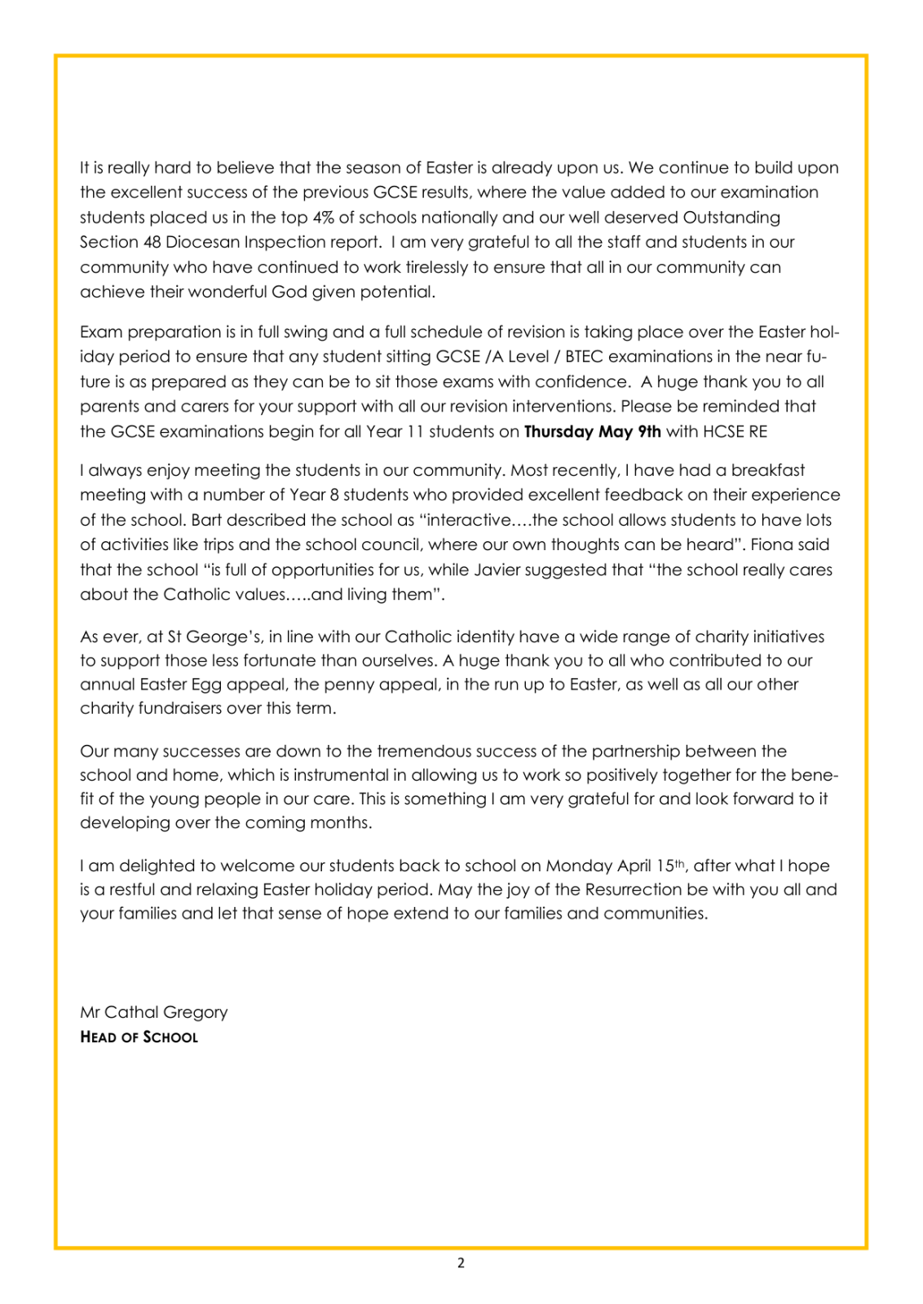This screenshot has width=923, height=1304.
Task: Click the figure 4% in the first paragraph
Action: coord(323,218)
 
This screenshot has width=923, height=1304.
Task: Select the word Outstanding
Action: coord(731,218)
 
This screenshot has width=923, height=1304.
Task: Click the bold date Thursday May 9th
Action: coord(592,431)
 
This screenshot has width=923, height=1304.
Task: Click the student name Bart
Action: coord(206,520)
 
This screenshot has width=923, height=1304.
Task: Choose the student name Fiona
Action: coord(781,544)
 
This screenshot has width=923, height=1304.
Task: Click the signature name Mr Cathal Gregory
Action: coord(153,1012)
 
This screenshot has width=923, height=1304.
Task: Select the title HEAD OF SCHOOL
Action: coord(139,1037)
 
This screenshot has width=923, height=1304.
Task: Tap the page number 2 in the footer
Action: coord(461,1263)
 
